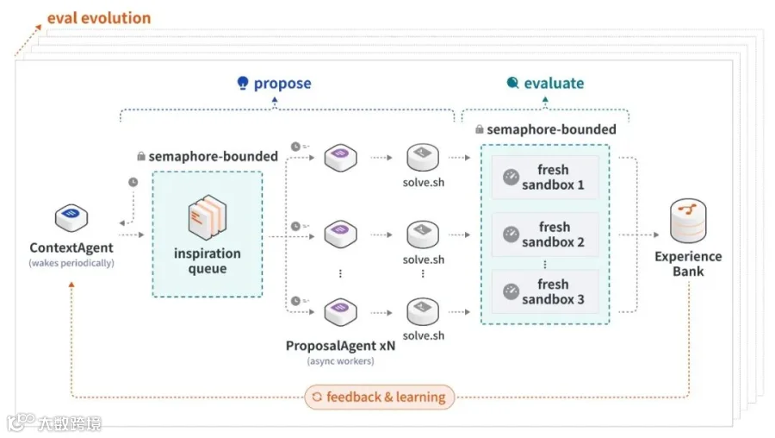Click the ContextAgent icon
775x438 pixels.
[x=71, y=218]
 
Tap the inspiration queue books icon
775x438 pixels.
[x=207, y=217]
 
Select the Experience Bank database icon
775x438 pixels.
[x=688, y=221]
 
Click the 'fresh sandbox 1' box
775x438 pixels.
[x=545, y=177]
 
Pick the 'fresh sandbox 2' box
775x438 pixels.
[x=545, y=235]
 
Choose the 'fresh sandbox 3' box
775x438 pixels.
[x=545, y=292]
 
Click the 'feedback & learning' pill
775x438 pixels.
[x=379, y=397]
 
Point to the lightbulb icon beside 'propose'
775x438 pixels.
[x=243, y=83]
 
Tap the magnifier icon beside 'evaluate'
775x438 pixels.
[x=513, y=83]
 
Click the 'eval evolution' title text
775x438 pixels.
[x=99, y=18]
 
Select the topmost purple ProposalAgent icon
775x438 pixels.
[x=340, y=158]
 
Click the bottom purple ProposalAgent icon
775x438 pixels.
[x=340, y=312]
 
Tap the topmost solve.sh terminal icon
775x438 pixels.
[x=423, y=157]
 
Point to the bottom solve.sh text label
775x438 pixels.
[x=424, y=335]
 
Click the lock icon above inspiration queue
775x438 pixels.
[x=141, y=156]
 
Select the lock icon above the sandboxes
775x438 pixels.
[x=479, y=129]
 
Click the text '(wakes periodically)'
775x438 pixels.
[x=71, y=263]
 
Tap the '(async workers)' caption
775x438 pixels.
[x=340, y=360]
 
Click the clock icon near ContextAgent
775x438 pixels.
[x=133, y=182]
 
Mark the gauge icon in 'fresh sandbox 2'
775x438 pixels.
[x=511, y=235]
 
